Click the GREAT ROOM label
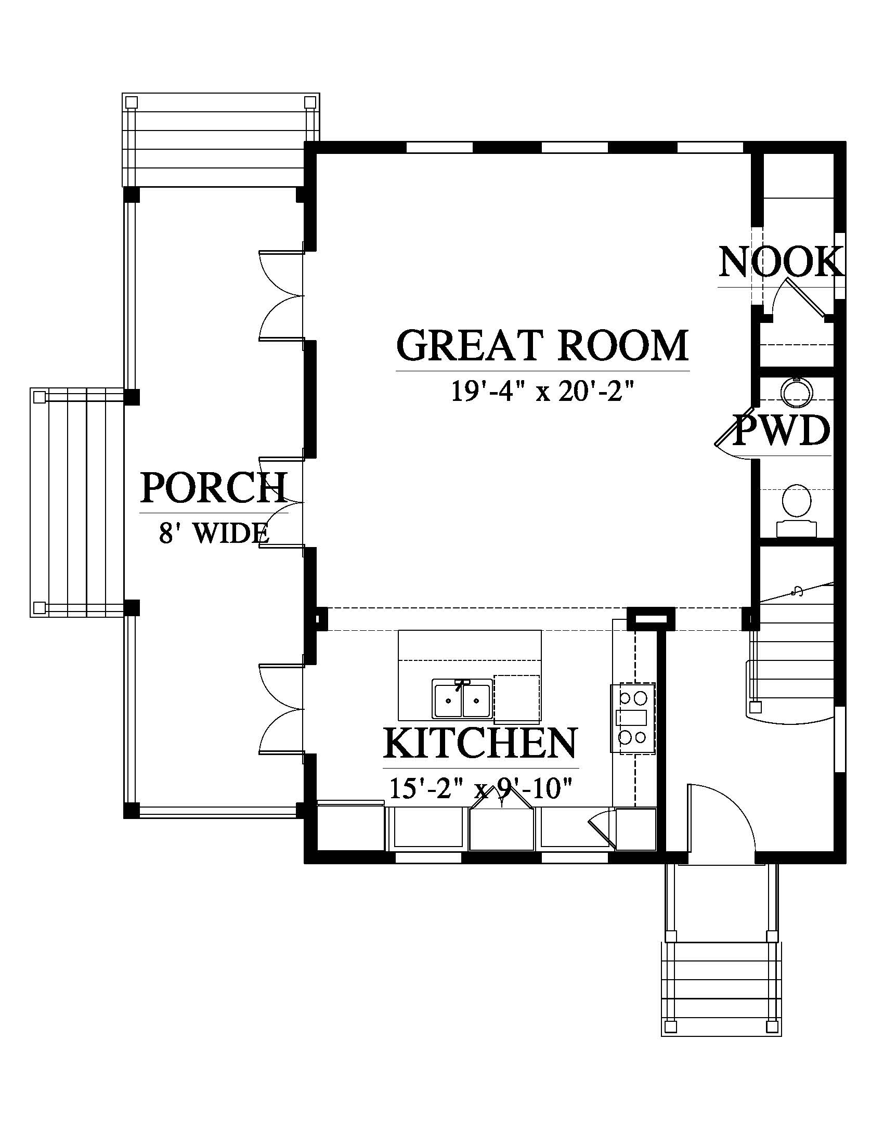542,345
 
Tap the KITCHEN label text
480,743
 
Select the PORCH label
214,488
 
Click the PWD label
783,431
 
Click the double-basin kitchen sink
462,699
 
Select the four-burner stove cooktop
632,719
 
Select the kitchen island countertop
470,675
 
